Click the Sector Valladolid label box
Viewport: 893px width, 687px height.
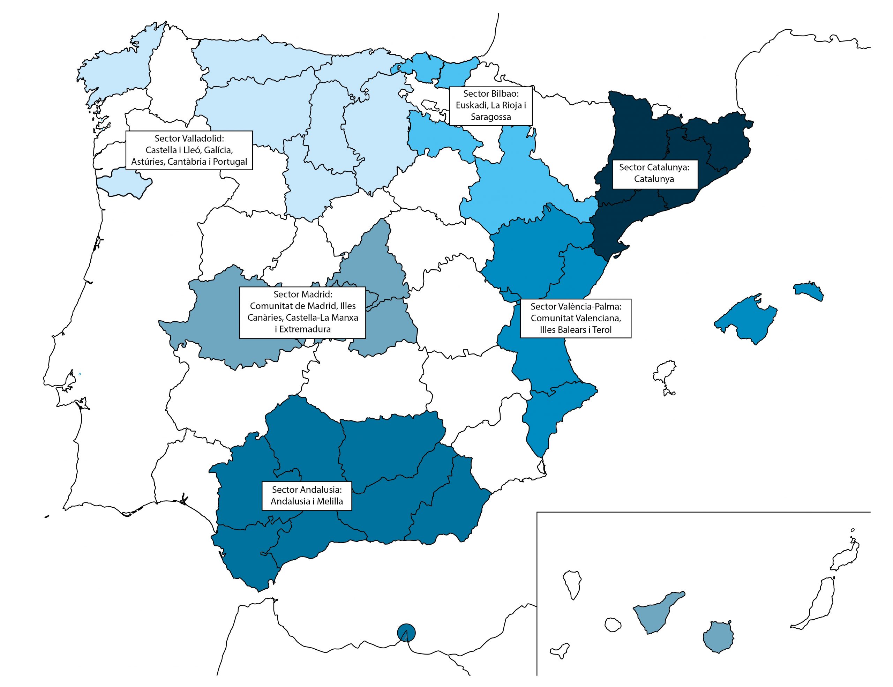pyautogui.click(x=189, y=150)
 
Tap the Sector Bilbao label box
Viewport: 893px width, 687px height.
pyautogui.click(x=491, y=105)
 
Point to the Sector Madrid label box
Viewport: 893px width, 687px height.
pyautogui.click(x=302, y=312)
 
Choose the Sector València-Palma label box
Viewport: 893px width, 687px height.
pyautogui.click(x=575, y=318)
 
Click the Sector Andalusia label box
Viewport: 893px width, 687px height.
pyautogui.click(x=307, y=495)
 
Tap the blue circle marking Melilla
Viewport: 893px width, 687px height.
pyautogui.click(x=406, y=633)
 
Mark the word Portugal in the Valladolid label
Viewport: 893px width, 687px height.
pyautogui.click(x=230, y=162)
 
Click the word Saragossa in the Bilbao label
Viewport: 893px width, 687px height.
pyautogui.click(x=491, y=117)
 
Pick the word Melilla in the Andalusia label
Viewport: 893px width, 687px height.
pyautogui.click(x=327, y=501)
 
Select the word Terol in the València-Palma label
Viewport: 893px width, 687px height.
pyautogui.click(x=601, y=330)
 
